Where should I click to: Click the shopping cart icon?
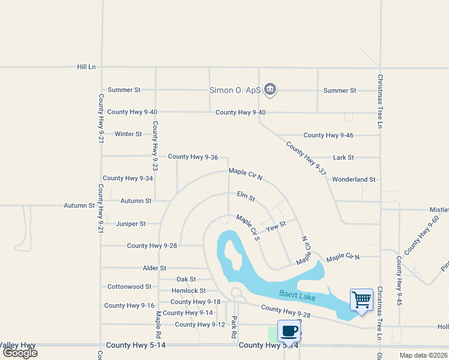click(x=361, y=299)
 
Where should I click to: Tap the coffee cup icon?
click(x=289, y=330)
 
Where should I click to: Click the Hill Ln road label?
click(x=86, y=67)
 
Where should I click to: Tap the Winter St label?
click(x=128, y=134)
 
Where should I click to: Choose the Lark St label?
click(x=343, y=157)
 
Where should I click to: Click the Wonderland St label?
click(x=354, y=179)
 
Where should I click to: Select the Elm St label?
click(x=246, y=196)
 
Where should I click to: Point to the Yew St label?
click(x=276, y=226)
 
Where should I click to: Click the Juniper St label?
click(x=131, y=224)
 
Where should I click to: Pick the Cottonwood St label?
click(x=129, y=287)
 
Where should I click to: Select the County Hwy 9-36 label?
click(x=193, y=157)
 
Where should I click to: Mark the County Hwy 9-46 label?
click(x=328, y=135)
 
